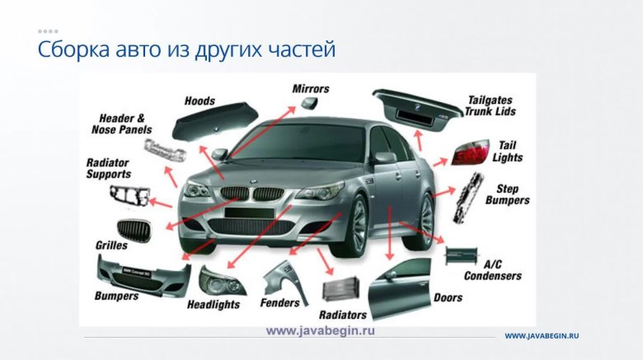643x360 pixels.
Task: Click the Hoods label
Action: point(199,101)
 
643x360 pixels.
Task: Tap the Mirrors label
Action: point(311,89)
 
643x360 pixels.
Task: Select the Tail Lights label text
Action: point(508,152)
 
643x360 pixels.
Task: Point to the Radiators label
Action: point(343,315)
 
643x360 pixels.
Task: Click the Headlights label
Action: point(214,305)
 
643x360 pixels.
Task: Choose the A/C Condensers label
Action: point(493,270)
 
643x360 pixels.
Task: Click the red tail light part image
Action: point(471,152)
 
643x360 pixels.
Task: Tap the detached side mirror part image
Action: point(309,103)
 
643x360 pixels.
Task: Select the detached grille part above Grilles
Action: point(134,231)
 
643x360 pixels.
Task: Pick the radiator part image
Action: point(341,288)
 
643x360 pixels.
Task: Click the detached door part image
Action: point(400,289)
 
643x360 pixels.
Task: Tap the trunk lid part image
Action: point(417,109)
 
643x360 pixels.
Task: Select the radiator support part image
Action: point(129,196)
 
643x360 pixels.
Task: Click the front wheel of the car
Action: point(353,227)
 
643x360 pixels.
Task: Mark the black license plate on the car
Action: point(249,213)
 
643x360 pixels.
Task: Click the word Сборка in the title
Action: point(74,49)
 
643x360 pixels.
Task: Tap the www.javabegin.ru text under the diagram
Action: point(321,331)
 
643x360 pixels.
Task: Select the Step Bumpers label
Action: point(507,194)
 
